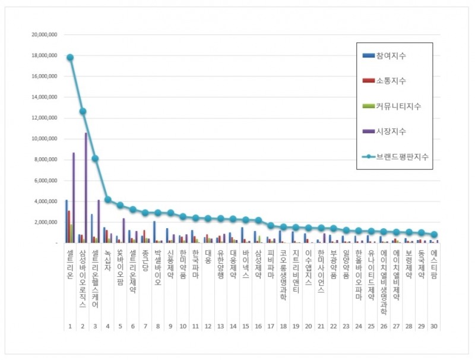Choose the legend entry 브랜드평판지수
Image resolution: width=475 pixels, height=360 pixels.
395,157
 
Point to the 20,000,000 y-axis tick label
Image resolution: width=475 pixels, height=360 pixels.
43,34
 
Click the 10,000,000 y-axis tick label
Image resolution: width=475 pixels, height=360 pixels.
43,139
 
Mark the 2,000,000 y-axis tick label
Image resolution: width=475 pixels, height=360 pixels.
45,222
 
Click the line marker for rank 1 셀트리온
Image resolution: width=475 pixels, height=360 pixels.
70,58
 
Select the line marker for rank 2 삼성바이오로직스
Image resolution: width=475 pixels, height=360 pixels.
83,111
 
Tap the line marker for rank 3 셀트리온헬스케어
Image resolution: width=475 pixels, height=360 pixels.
95,159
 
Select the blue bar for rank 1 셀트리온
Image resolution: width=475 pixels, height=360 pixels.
66,221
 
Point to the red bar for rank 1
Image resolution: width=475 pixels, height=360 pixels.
69,226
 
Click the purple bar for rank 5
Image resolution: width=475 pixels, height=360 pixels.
123,230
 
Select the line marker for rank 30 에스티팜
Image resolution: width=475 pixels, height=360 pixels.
434,235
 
